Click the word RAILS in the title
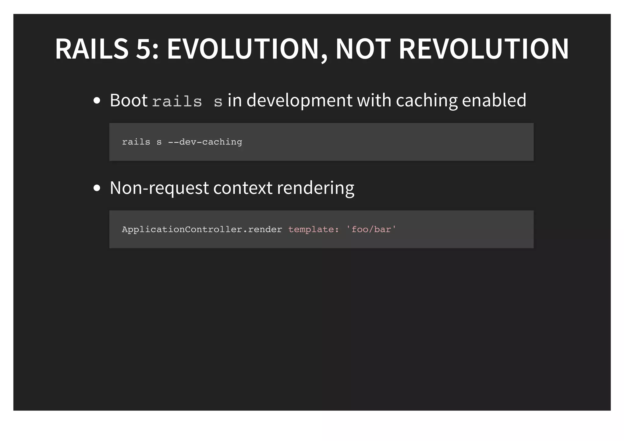click(x=92, y=49)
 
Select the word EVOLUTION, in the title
click(x=247, y=49)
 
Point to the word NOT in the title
click(x=363, y=49)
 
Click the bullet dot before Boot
click(x=97, y=101)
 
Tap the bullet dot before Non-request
click(x=97, y=188)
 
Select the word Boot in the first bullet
click(x=129, y=100)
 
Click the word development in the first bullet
click(x=299, y=100)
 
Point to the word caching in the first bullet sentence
click(x=427, y=100)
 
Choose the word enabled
click(x=494, y=100)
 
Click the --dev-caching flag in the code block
click(x=205, y=142)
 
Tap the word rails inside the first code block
click(x=136, y=142)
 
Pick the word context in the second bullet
click(x=243, y=188)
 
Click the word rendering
click(x=315, y=188)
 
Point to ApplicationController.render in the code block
click(x=202, y=229)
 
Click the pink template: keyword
click(x=314, y=229)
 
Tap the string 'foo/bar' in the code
click(x=371, y=229)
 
